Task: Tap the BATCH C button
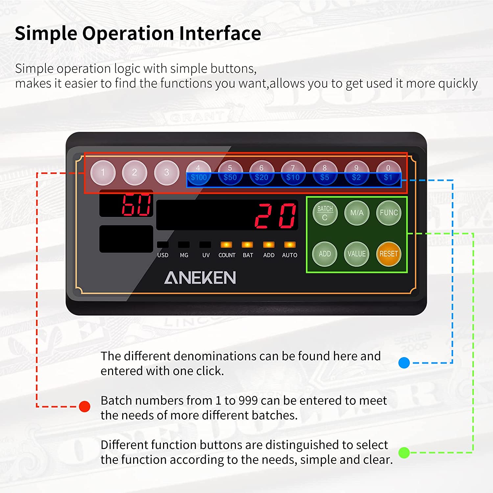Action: tap(325, 213)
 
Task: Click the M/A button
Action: tap(357, 213)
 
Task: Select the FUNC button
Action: tap(389, 213)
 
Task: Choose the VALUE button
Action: tap(357, 254)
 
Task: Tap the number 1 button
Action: tap(103, 173)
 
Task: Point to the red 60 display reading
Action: tap(136, 205)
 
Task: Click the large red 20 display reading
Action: tap(276, 216)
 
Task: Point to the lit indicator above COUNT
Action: tap(226, 245)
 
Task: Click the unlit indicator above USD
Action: tap(163, 245)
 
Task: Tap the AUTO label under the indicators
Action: tap(290, 255)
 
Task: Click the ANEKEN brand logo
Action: tap(200, 278)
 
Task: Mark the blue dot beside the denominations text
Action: tap(404, 363)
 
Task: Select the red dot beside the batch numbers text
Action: tap(84, 407)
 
